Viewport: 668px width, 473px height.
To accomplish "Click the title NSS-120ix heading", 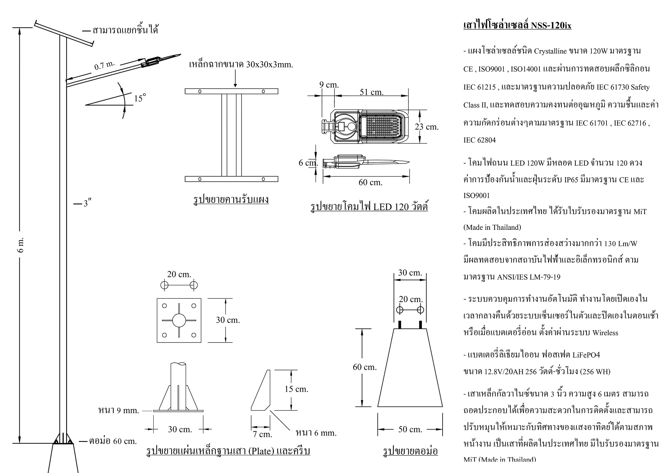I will tap(517, 25).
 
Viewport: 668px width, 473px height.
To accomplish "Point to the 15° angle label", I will tap(140, 98).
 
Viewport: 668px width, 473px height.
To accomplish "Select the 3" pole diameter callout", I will tap(88, 203).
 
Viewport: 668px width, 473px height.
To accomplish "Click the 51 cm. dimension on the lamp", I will tap(371, 92).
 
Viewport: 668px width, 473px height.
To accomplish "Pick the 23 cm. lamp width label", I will tap(427, 127).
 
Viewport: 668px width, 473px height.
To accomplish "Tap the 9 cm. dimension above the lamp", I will tap(329, 85).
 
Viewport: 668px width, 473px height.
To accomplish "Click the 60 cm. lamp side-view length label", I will tap(370, 182).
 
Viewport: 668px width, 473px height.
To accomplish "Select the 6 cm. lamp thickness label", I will tap(308, 163).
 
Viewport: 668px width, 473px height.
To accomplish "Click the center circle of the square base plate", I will tap(179, 320).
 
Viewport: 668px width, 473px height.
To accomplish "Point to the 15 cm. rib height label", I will tap(296, 389).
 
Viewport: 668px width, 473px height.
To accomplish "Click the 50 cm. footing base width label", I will tap(410, 430).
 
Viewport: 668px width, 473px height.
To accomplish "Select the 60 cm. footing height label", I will tap(365, 367).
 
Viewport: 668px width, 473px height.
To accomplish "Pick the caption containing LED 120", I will tap(369, 206).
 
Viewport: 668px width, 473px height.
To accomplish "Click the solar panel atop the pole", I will tap(64, 33).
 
